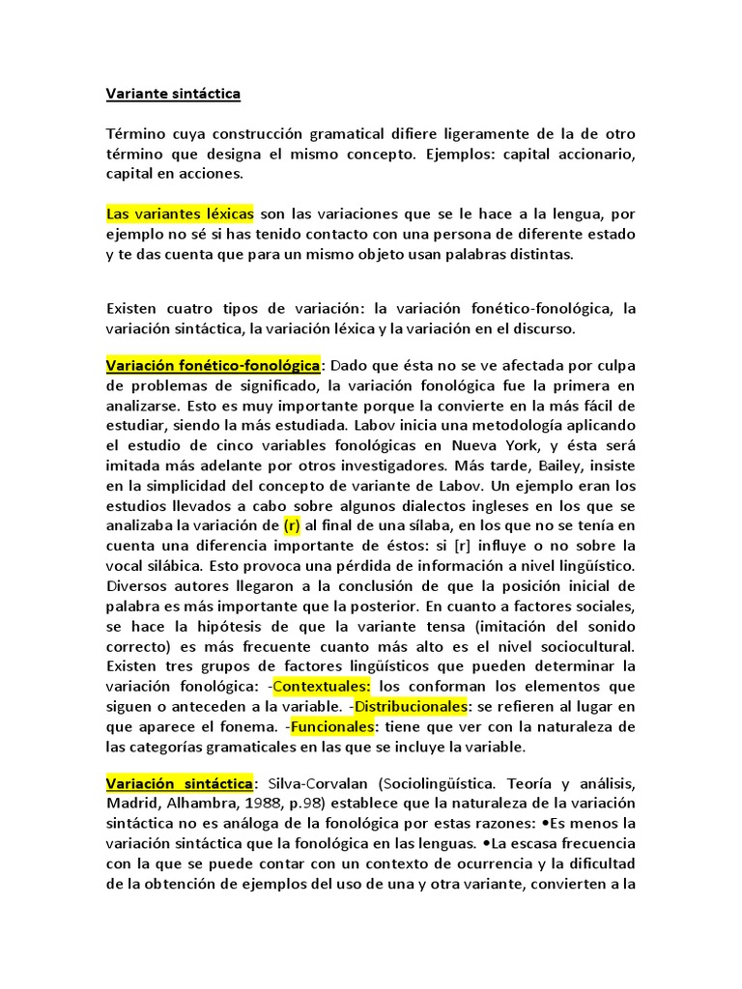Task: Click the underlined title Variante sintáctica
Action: tap(173, 94)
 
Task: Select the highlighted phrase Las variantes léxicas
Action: tap(181, 212)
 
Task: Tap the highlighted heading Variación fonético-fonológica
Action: tap(213, 366)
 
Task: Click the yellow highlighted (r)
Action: tap(292, 525)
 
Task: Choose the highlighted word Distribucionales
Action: tap(411, 706)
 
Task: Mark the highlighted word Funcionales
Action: tap(332, 726)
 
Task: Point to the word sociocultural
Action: tap(585, 646)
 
